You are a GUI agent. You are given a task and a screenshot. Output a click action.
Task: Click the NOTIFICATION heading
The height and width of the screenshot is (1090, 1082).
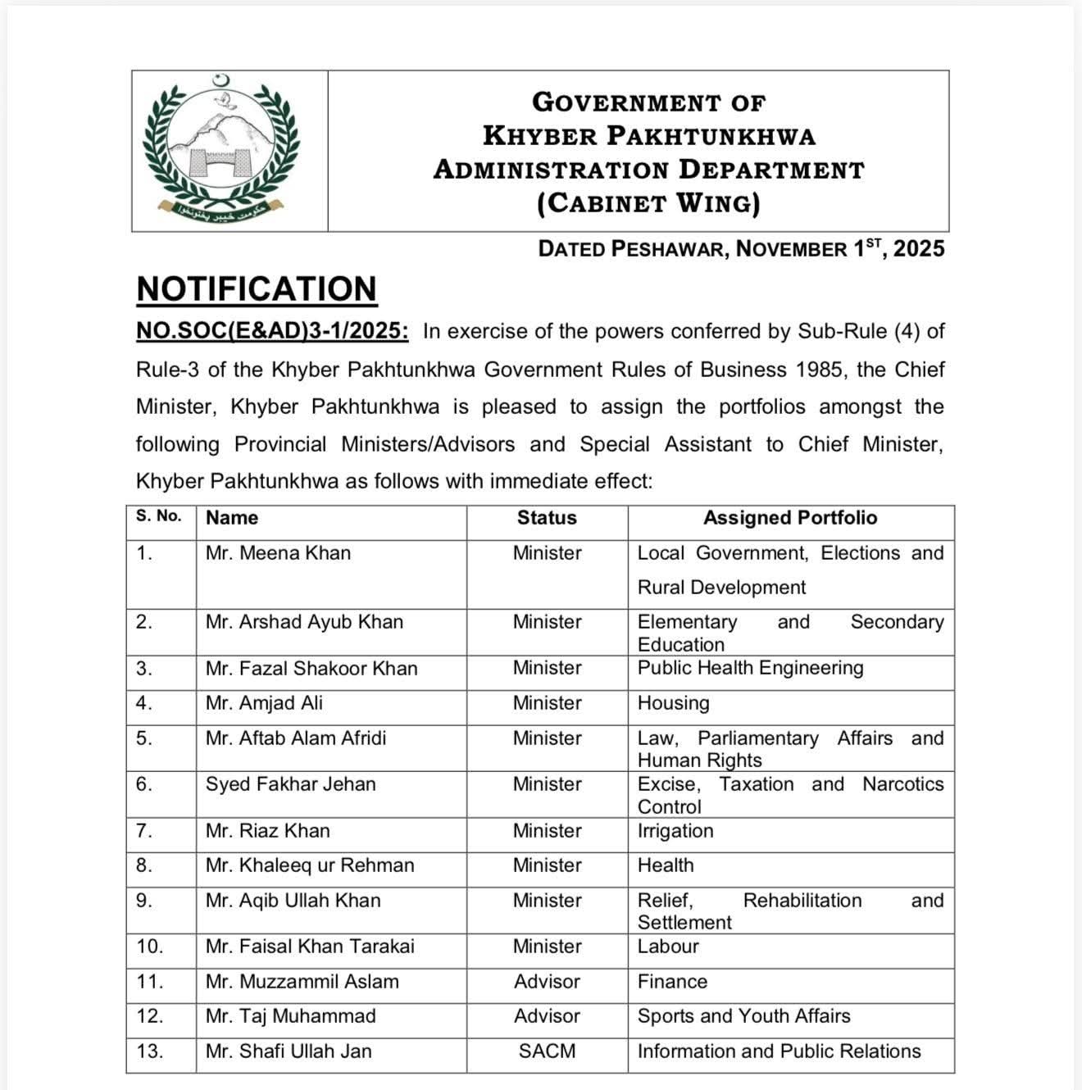(257, 289)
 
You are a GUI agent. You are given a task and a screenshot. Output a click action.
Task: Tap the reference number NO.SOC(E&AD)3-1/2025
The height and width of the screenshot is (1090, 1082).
(272, 331)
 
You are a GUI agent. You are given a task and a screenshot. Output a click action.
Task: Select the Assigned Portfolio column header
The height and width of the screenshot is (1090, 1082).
(790, 518)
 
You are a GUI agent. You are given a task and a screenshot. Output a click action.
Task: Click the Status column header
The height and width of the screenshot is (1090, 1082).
(547, 518)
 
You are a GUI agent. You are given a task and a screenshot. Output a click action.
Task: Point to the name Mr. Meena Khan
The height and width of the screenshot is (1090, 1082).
(278, 553)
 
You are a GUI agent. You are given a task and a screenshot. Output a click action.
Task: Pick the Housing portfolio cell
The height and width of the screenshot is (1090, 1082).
(674, 703)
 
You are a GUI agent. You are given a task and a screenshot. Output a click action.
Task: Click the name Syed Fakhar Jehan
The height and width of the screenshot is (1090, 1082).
(290, 784)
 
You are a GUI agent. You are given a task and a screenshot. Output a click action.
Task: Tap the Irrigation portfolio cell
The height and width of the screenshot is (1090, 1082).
(675, 831)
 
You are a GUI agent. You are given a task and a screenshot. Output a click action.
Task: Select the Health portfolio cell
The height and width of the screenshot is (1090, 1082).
(666, 865)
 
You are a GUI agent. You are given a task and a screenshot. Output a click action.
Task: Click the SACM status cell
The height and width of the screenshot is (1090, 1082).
(547, 1051)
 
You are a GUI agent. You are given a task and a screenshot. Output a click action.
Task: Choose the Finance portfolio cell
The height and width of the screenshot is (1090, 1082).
(672, 982)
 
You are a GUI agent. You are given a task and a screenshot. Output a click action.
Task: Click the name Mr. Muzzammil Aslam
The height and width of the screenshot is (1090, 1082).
(302, 982)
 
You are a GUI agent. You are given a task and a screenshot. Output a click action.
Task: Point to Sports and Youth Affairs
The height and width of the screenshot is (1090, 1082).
(743, 1016)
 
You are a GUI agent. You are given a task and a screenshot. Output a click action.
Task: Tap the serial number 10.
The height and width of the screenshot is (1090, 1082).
(150, 947)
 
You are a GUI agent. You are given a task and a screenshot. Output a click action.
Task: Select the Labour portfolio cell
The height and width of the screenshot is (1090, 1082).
(668, 947)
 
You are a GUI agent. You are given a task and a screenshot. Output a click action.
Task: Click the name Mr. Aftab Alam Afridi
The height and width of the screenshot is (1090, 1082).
(295, 738)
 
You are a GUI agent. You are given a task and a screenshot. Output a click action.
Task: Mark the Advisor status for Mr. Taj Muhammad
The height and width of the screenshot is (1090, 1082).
(547, 1016)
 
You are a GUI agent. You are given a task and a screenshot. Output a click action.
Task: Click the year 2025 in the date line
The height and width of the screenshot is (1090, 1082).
(919, 249)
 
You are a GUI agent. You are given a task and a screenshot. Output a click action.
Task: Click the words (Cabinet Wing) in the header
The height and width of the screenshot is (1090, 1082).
(648, 203)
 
